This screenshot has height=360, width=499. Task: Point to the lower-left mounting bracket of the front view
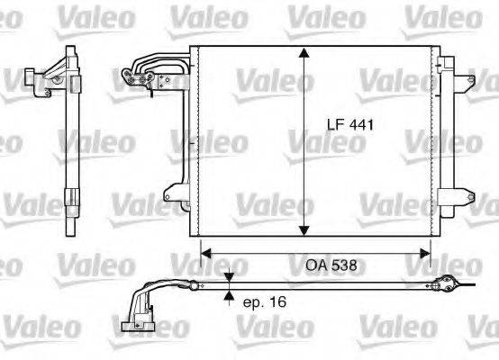coord(171,191)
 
